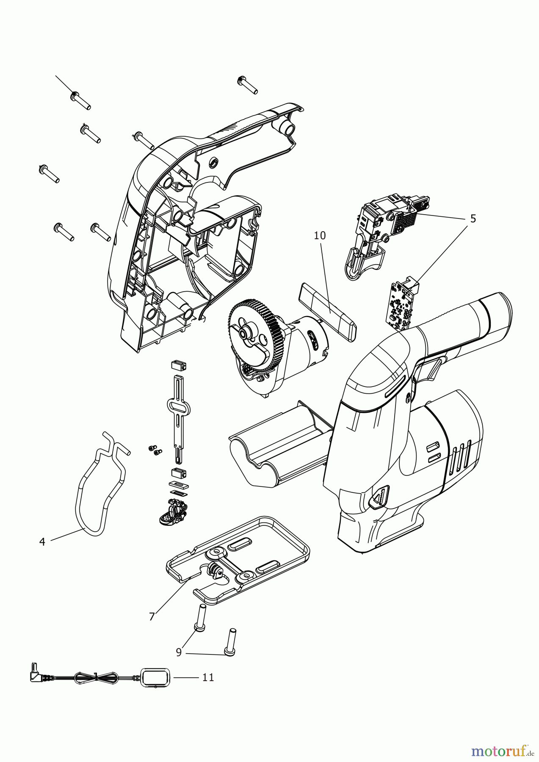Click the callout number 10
coord(320,236)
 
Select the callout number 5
coord(473,219)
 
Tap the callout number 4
coord(42,541)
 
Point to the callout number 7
coord(152,617)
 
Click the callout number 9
coord(179,652)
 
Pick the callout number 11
coord(207,678)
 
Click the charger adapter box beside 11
coord(155,678)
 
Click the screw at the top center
coord(248,85)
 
